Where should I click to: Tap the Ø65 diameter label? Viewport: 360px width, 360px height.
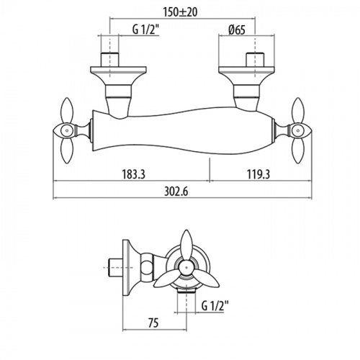237,30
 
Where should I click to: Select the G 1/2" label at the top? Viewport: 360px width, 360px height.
146,30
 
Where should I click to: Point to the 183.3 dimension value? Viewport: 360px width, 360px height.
134,174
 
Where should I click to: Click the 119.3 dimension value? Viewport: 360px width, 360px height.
258,174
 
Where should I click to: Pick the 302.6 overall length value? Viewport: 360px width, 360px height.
176,192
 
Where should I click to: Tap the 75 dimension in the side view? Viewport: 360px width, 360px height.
153,323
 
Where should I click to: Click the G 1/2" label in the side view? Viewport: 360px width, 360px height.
215,307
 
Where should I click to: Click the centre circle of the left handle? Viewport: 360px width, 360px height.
66,131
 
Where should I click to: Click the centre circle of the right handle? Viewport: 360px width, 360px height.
298,131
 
